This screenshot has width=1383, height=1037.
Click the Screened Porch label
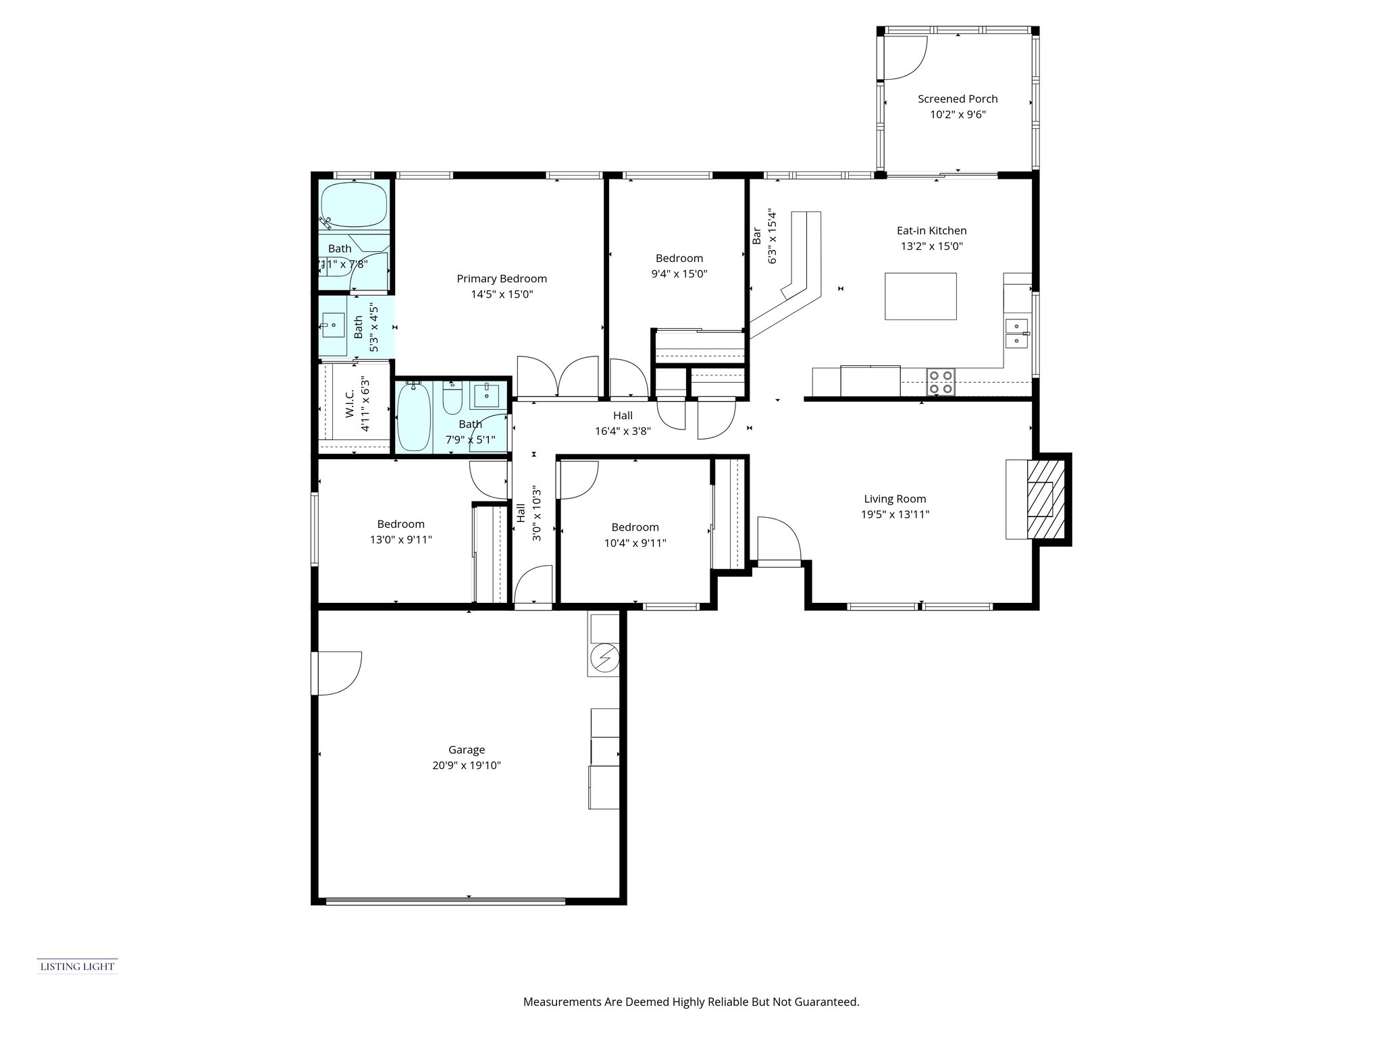tap(957, 99)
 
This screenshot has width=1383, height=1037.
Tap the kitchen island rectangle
tap(920, 296)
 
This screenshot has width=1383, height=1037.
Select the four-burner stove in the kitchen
tap(940, 381)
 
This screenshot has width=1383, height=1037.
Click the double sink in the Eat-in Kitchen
tap(1016, 334)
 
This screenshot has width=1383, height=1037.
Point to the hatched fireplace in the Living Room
tap(1045, 499)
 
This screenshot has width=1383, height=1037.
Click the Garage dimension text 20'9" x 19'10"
tap(467, 766)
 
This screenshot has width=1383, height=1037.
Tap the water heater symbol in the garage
tap(604, 656)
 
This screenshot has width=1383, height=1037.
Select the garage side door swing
tap(338, 672)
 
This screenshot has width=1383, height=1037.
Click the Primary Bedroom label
tap(502, 279)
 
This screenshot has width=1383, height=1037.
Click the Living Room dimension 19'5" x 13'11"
tap(895, 514)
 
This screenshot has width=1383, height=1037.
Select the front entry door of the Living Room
tap(778, 540)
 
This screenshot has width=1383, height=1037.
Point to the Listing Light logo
tap(77, 966)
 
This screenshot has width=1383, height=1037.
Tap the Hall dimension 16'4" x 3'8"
tap(622, 431)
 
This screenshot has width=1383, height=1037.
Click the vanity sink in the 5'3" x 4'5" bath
tap(333, 326)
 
